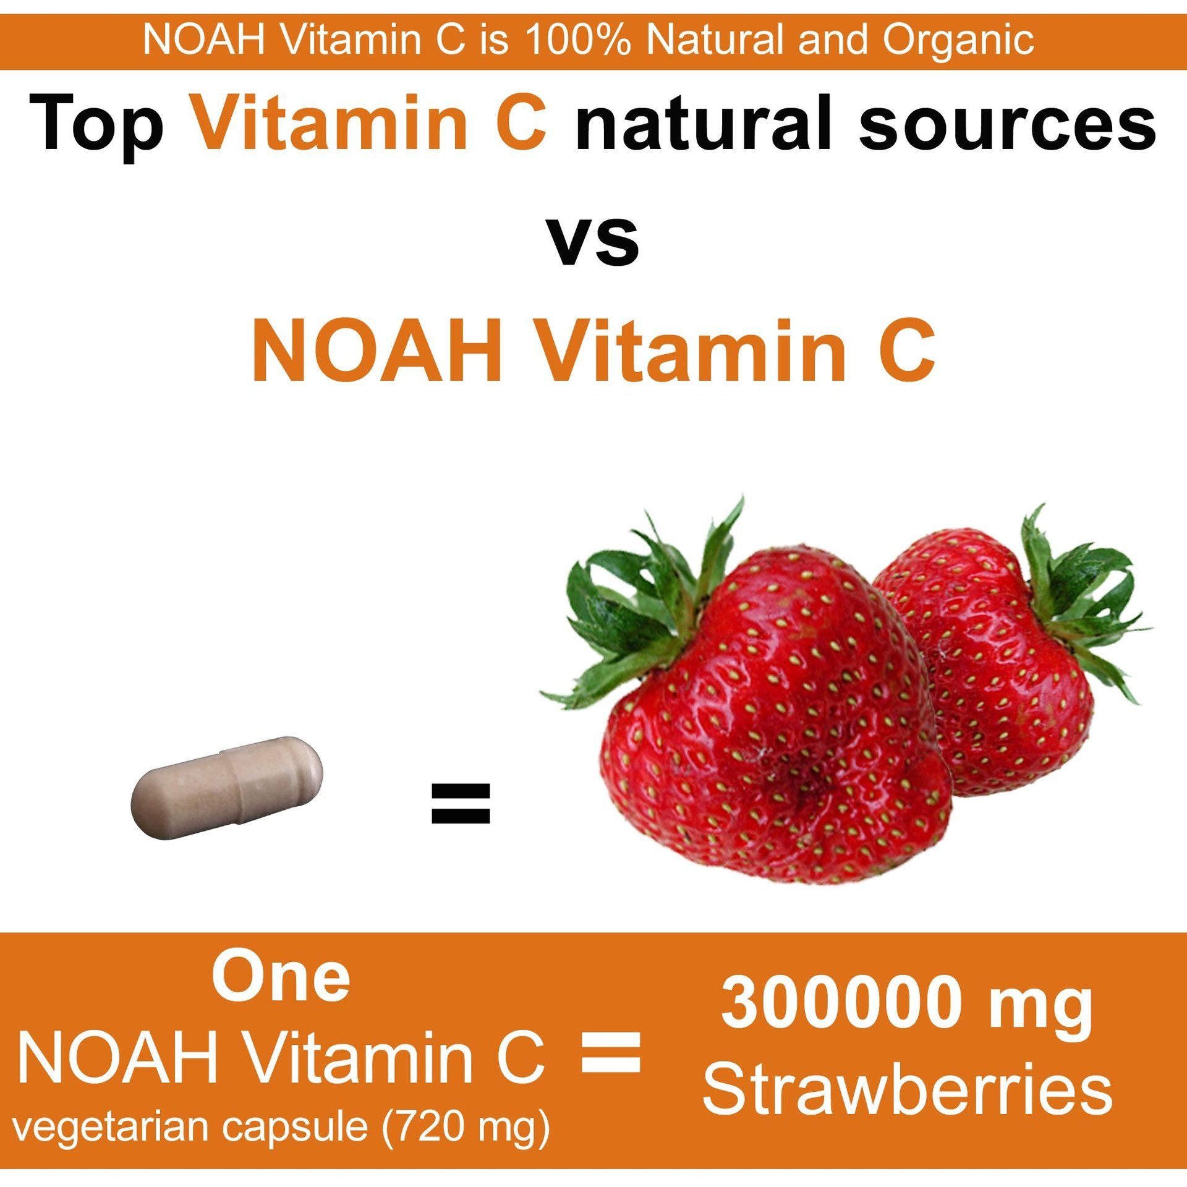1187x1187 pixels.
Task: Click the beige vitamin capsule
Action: [x=227, y=787]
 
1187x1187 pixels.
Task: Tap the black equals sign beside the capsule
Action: [x=460, y=804]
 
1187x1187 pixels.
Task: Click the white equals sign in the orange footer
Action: [x=611, y=1052]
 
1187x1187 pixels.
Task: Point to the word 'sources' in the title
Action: [x=1007, y=122]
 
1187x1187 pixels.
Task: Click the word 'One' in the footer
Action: [x=281, y=978]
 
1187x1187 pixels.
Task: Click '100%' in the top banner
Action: [x=578, y=40]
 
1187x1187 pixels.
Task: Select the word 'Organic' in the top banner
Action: [x=958, y=40]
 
